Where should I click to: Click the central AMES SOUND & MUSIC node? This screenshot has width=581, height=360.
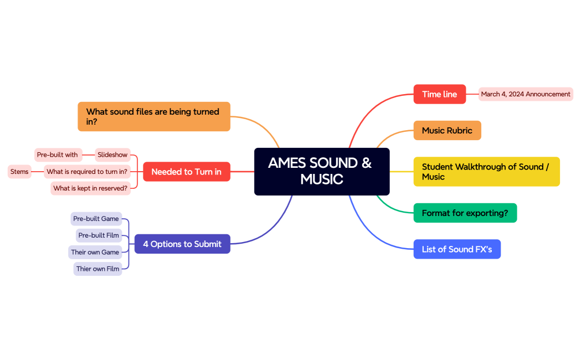(321, 171)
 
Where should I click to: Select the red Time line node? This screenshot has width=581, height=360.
(439, 94)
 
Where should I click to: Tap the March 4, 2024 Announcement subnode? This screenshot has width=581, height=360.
(525, 94)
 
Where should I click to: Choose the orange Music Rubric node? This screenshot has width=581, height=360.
(447, 131)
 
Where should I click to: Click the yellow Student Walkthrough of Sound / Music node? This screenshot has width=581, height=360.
(486, 172)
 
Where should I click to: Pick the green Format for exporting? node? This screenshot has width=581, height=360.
(465, 213)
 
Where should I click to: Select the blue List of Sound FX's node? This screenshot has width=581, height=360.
(457, 249)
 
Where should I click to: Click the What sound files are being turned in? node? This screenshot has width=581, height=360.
(153, 116)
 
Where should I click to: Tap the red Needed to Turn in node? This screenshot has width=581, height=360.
(186, 172)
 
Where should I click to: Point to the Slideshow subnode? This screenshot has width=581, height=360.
(112, 155)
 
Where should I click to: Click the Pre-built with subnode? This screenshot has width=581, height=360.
(58, 155)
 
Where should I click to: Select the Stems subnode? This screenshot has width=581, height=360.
(19, 172)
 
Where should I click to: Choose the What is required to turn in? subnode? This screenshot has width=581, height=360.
(87, 172)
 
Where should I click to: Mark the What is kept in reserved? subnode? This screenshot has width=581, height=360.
(90, 188)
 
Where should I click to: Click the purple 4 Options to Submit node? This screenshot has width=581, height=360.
(182, 244)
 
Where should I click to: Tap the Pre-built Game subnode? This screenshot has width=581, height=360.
(96, 219)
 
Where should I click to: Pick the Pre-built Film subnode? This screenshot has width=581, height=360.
(99, 235)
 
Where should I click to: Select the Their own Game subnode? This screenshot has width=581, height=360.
(95, 252)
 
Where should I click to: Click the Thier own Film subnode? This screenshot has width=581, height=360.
(97, 269)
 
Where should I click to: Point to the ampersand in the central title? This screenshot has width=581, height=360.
(366, 163)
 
